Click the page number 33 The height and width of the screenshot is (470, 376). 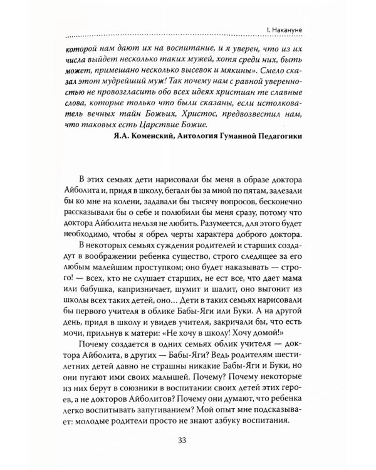[187, 437]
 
